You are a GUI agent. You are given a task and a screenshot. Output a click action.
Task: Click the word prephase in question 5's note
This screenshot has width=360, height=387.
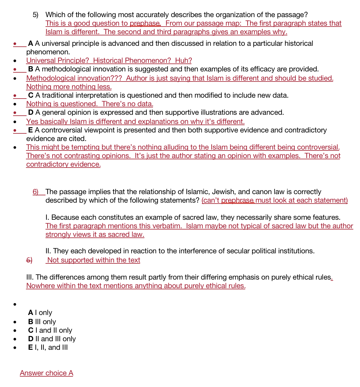(145, 23)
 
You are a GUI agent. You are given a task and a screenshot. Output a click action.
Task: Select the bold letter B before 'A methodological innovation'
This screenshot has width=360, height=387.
(31, 69)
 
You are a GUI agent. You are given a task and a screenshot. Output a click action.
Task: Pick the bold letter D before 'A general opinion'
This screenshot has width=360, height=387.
(31, 112)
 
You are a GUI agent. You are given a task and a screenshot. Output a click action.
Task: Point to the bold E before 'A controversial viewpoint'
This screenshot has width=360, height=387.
(30, 130)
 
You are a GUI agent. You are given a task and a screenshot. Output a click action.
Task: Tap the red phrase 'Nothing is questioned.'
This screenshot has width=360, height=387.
(62, 104)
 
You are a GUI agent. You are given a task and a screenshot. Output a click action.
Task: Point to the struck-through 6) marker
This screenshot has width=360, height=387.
(29, 260)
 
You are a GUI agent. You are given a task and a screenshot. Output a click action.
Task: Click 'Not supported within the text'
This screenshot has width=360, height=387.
(94, 260)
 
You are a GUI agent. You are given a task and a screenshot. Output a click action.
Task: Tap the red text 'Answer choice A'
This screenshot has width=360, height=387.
(46, 373)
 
